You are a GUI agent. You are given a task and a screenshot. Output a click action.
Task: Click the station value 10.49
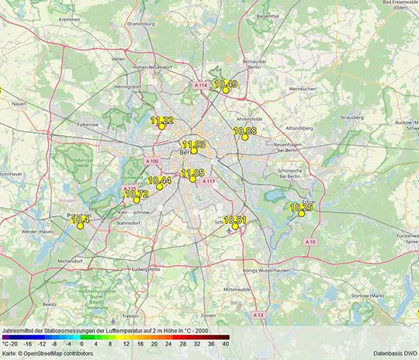pos(226,84)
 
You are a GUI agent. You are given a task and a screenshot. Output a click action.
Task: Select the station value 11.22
pos(162,120)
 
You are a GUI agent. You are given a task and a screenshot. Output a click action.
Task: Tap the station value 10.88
pos(244,131)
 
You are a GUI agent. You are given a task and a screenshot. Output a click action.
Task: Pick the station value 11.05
pos(192,173)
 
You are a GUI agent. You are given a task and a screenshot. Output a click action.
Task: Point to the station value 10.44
pos(159,181)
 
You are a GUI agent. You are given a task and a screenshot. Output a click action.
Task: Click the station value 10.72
pos(136,194)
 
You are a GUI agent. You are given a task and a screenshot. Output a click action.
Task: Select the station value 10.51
pos(235,220)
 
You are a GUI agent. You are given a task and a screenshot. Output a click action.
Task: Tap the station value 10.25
pos(301,207)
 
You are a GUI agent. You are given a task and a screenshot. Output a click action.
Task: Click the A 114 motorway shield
pos(201,85)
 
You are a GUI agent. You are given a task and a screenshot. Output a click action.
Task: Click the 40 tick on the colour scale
pos(225,342)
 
